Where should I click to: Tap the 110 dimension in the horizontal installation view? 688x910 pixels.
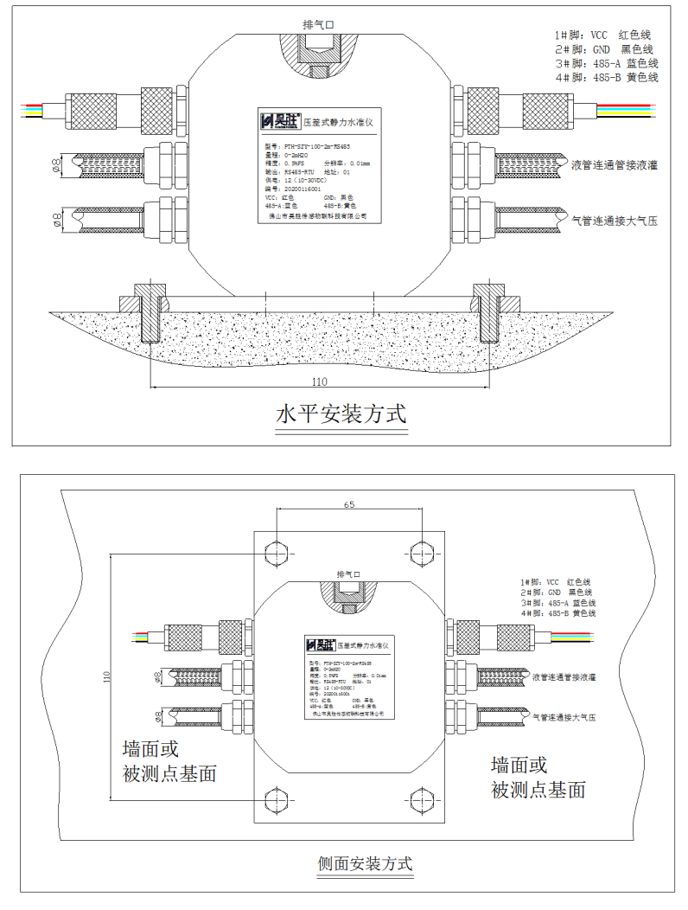pyautogui.click(x=322, y=380)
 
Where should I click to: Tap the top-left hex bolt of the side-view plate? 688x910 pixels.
pyautogui.click(x=276, y=553)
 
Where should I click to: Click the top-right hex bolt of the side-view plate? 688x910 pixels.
pyautogui.click(x=422, y=553)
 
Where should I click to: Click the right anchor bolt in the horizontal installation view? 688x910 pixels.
pyautogui.click(x=489, y=313)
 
